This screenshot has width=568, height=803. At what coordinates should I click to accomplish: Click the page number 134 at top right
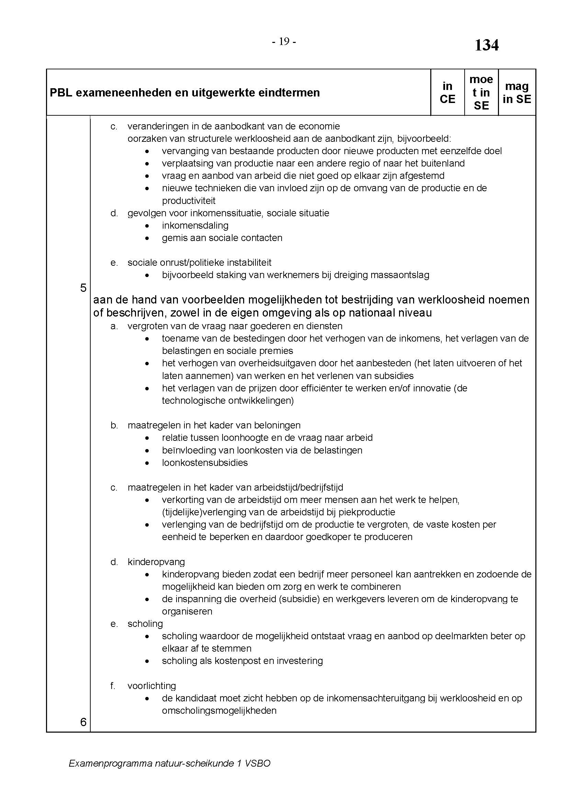click(x=486, y=45)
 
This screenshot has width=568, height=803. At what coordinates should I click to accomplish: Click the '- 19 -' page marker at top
click(x=284, y=42)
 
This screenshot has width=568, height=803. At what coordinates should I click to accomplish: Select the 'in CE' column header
click(x=447, y=93)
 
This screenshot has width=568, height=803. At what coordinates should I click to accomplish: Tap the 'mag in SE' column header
click(x=516, y=93)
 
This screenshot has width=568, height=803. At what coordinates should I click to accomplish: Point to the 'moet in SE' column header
click(x=481, y=93)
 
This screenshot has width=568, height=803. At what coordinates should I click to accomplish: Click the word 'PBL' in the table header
click(x=61, y=93)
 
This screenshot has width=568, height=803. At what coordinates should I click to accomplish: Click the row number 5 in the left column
click(x=83, y=288)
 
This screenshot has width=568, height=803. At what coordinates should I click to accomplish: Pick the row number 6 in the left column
click(x=83, y=722)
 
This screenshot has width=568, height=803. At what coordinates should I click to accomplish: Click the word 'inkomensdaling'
click(x=195, y=226)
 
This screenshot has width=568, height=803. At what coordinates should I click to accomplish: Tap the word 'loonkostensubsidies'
click(x=205, y=463)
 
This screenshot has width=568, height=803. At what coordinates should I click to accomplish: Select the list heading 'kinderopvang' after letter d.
click(x=156, y=562)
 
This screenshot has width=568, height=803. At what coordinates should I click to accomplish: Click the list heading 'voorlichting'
click(x=151, y=686)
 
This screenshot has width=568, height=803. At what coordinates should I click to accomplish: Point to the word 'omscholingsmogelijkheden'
click(x=219, y=711)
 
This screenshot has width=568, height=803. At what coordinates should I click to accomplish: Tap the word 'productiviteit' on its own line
click(x=189, y=201)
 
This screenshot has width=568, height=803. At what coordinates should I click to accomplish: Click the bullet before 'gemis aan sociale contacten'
click(x=148, y=238)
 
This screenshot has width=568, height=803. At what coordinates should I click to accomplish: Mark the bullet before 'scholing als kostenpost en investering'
click(x=148, y=661)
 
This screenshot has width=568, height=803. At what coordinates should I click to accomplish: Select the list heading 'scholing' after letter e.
click(x=145, y=624)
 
